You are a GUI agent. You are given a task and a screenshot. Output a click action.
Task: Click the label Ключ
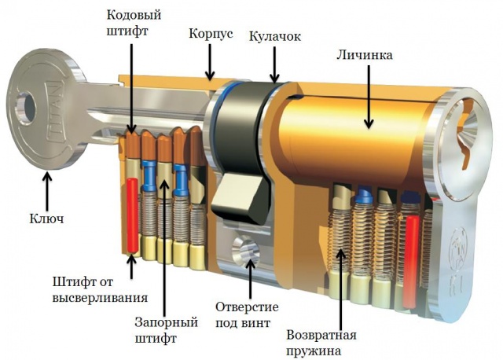(x=47, y=219)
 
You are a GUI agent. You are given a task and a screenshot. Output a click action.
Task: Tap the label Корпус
(x=211, y=34)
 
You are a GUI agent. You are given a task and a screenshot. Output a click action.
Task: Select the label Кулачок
(x=275, y=36)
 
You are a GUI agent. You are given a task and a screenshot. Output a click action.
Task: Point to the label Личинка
(x=365, y=55)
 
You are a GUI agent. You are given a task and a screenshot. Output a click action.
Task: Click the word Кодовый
(x=134, y=15)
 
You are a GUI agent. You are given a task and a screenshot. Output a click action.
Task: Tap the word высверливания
(x=100, y=298)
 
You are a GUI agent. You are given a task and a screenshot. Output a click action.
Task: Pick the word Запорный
(x=166, y=323)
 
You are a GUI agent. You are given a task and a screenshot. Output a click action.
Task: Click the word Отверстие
(x=247, y=307)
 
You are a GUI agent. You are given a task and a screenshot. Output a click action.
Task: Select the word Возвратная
(x=321, y=336)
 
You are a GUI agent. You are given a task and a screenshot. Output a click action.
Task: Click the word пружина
(x=314, y=351)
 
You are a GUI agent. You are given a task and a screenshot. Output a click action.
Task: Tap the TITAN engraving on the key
(x=54, y=112)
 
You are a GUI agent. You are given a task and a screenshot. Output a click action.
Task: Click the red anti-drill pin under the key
(x=132, y=215)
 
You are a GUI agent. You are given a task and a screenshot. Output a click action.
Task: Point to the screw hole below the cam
(x=246, y=250)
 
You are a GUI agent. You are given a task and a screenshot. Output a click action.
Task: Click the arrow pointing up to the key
(x=47, y=191)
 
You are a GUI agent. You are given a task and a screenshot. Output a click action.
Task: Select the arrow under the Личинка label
(x=369, y=97)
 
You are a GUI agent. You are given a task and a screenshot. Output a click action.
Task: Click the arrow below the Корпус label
(x=210, y=62)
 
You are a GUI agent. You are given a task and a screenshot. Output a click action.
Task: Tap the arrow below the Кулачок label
(x=274, y=64)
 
